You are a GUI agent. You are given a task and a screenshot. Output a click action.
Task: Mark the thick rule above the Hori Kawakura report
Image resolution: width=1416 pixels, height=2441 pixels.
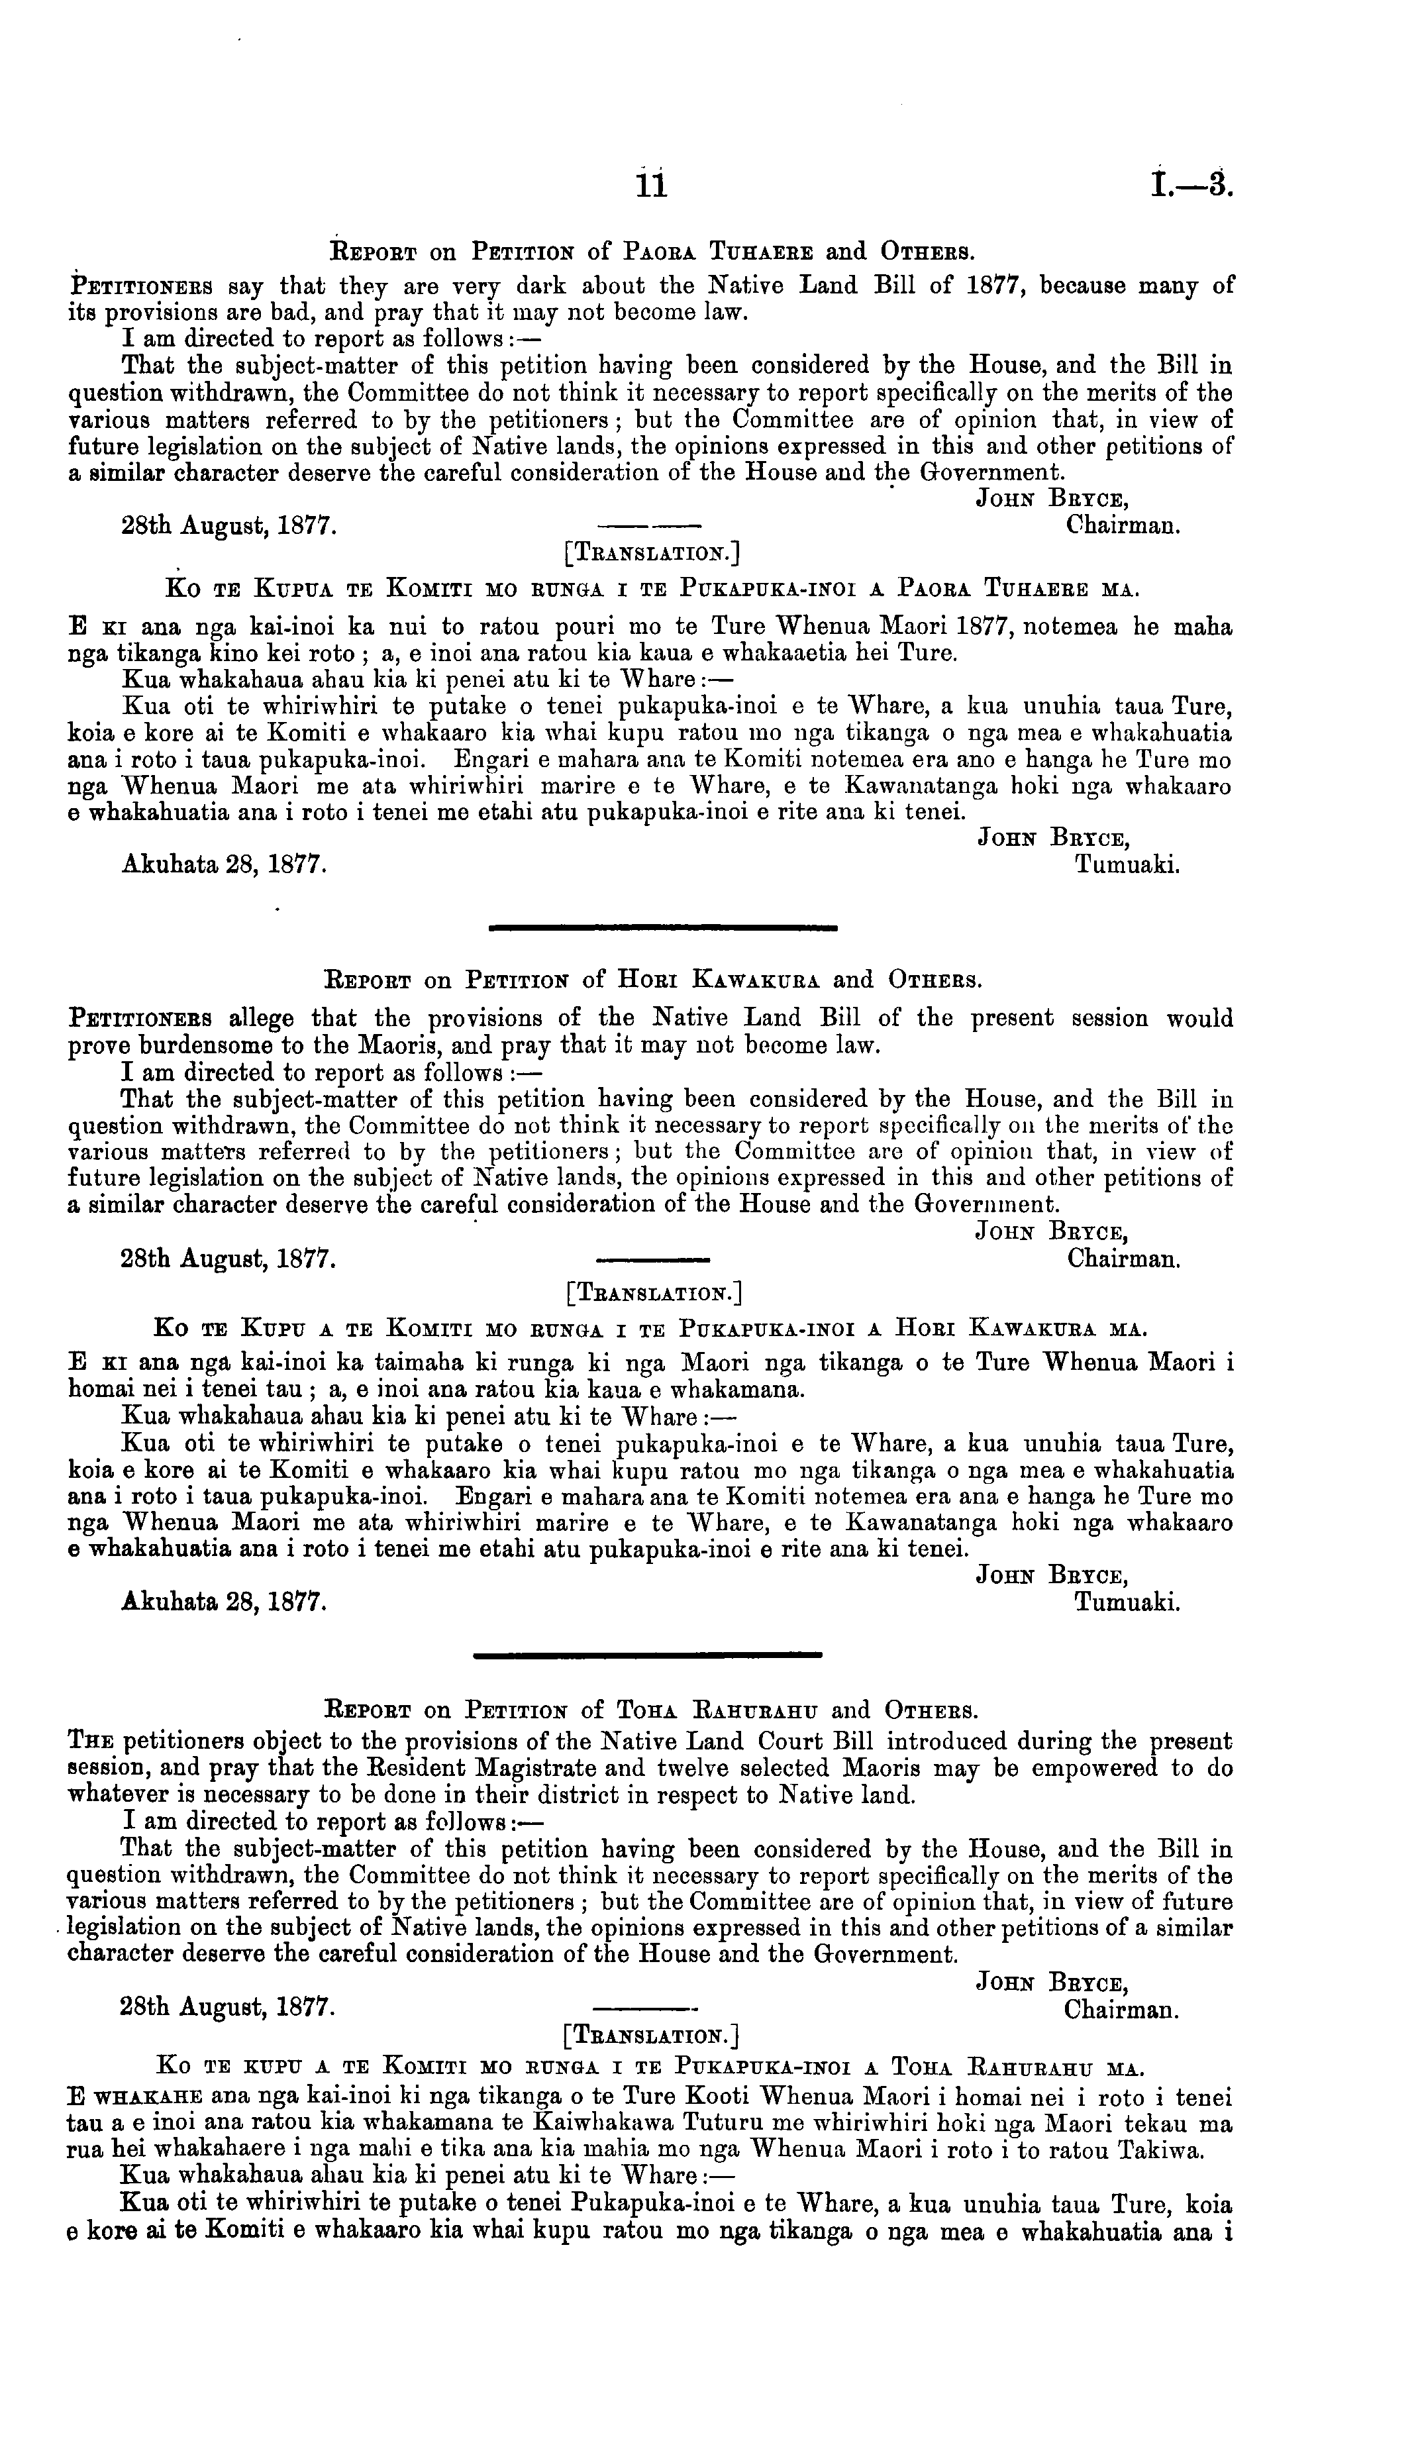(664, 928)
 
